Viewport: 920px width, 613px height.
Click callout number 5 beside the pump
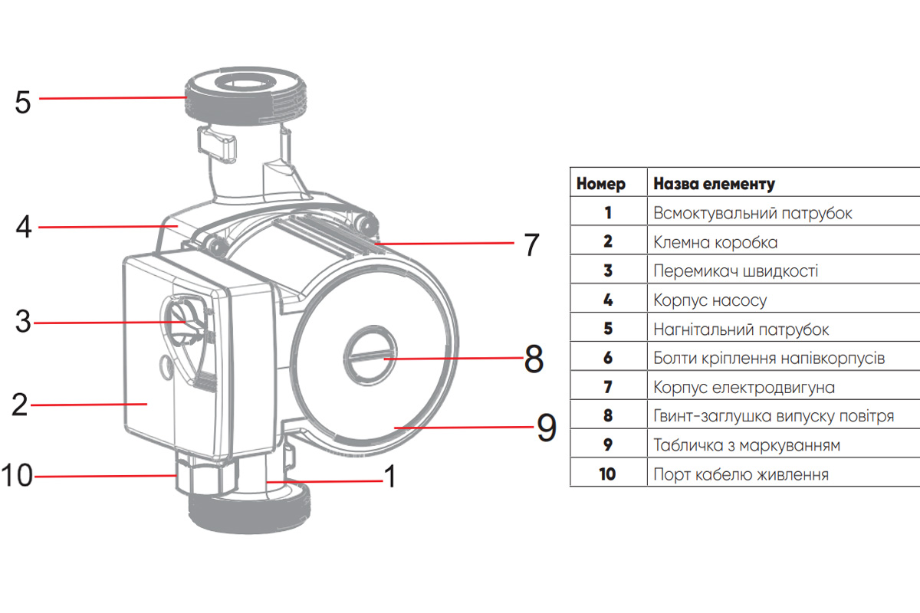(23, 101)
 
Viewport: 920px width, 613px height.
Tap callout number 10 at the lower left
(16, 476)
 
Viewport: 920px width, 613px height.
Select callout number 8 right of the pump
(534, 359)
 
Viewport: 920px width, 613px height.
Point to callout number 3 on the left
(23, 323)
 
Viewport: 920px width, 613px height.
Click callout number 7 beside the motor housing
(531, 244)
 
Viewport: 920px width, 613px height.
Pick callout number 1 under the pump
(389, 477)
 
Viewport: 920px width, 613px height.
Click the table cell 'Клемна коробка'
(715, 242)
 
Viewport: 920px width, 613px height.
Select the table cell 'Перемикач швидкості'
(735, 271)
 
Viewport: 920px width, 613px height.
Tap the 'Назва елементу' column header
(714, 184)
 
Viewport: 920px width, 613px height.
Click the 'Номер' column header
(601, 184)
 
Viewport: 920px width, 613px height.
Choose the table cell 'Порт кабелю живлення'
(741, 474)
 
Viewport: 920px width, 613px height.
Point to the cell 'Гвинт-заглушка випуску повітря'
(774, 416)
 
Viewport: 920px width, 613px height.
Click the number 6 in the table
(608, 358)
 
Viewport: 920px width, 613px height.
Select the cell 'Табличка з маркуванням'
(747, 445)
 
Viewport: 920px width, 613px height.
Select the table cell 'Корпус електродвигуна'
(744, 387)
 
